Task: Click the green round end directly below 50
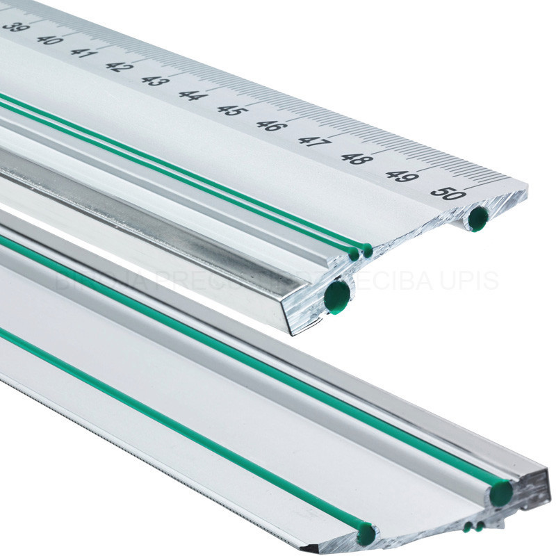pyautogui.click(x=477, y=218)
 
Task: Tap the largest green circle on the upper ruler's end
pyautogui.click(x=337, y=297)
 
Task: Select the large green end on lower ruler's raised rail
pyautogui.click(x=500, y=493)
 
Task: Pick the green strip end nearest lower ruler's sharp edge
pyautogui.click(x=366, y=534)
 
